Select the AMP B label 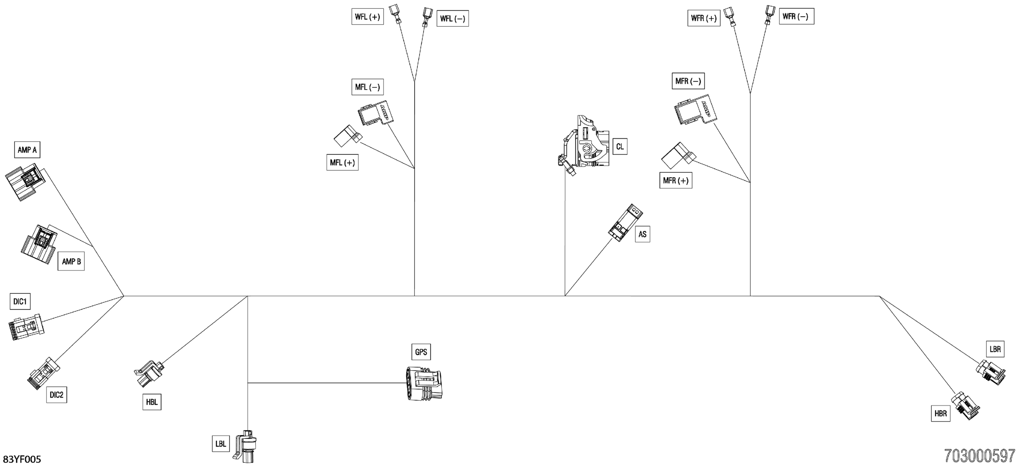tap(71, 262)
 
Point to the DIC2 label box tap(56, 395)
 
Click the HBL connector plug tap(149, 373)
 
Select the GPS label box tap(421, 352)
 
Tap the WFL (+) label tap(368, 17)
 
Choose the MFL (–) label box tap(368, 87)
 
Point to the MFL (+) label tap(342, 163)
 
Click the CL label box tap(620, 147)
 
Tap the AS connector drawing tap(625, 223)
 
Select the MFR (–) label tap(688, 81)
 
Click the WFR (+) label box tap(704, 18)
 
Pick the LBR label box tap(995, 349)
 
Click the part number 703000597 tap(979, 456)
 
